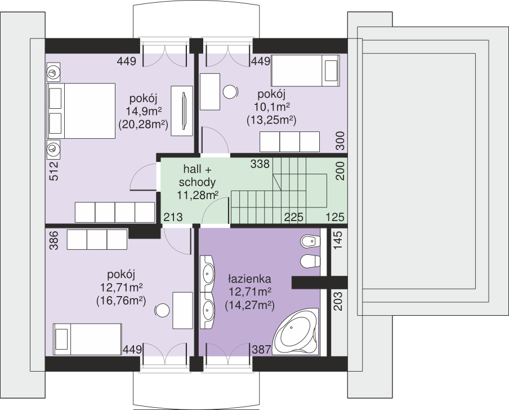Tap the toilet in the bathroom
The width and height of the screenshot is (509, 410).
click(x=310, y=262)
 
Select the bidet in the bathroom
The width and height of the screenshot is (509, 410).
click(x=310, y=241)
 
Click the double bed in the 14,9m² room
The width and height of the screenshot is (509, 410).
click(x=81, y=111)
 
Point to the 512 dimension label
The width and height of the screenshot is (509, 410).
click(x=54, y=171)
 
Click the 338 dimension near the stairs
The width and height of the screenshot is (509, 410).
click(x=260, y=164)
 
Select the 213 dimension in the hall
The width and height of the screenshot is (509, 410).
click(x=173, y=217)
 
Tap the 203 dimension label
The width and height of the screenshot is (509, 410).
click(x=338, y=301)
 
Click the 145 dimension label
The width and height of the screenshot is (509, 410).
click(x=338, y=240)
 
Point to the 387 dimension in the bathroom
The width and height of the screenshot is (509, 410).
click(x=261, y=350)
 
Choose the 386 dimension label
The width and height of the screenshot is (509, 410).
click(x=54, y=240)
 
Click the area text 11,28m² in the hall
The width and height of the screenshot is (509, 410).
click(x=198, y=195)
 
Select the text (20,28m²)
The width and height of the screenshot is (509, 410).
click(x=143, y=124)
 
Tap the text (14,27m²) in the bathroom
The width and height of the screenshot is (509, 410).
click(x=249, y=305)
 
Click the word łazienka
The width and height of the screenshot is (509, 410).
click(x=249, y=279)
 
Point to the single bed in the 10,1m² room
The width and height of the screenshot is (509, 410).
click(x=306, y=70)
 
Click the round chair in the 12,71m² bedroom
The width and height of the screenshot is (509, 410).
click(x=162, y=311)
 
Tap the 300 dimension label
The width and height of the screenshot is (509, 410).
click(x=340, y=140)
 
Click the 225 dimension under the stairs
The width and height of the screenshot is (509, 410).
click(x=294, y=217)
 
